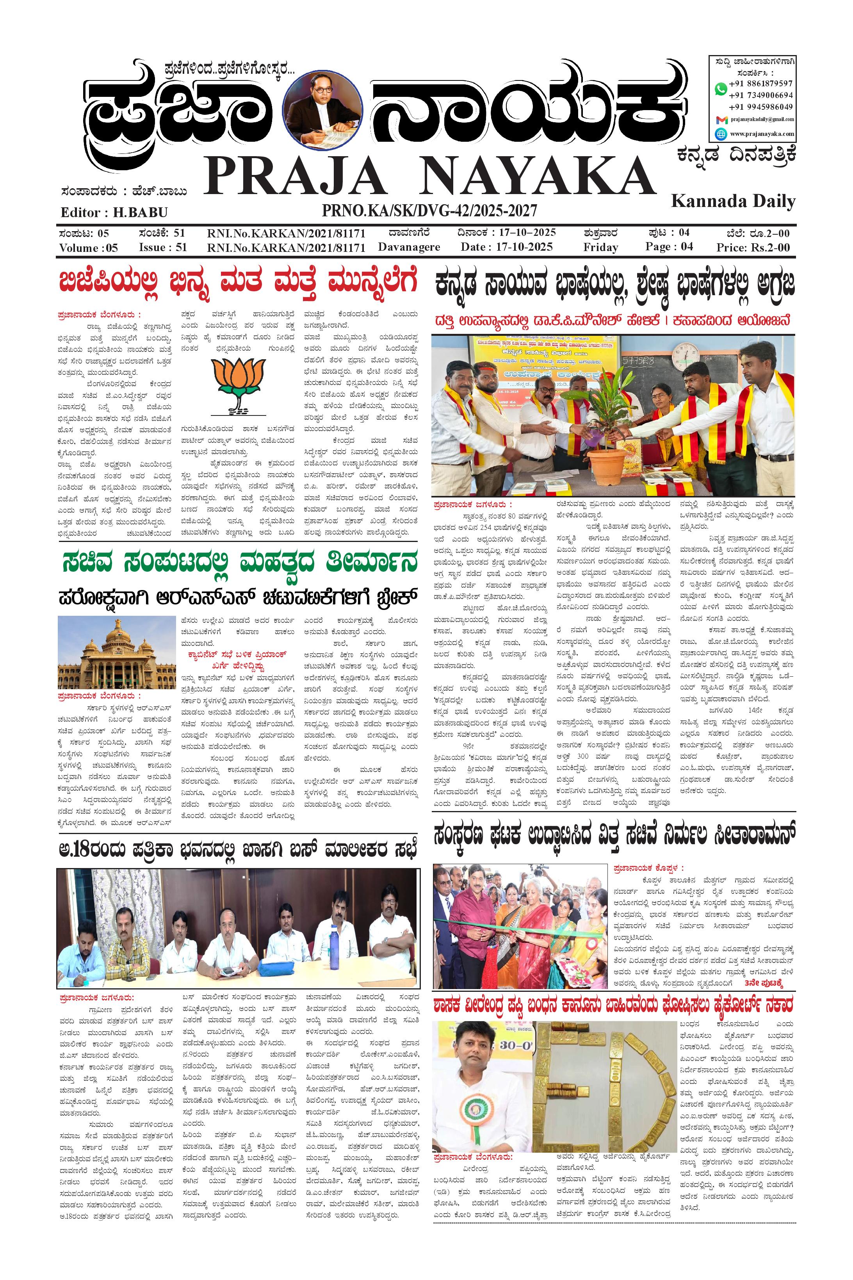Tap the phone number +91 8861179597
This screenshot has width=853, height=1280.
pyautogui.click(x=760, y=84)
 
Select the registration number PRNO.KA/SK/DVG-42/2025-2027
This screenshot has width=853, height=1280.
pyautogui.click(x=429, y=210)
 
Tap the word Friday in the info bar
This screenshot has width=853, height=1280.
pyautogui.click(x=600, y=248)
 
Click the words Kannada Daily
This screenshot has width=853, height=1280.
pyautogui.click(x=733, y=201)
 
